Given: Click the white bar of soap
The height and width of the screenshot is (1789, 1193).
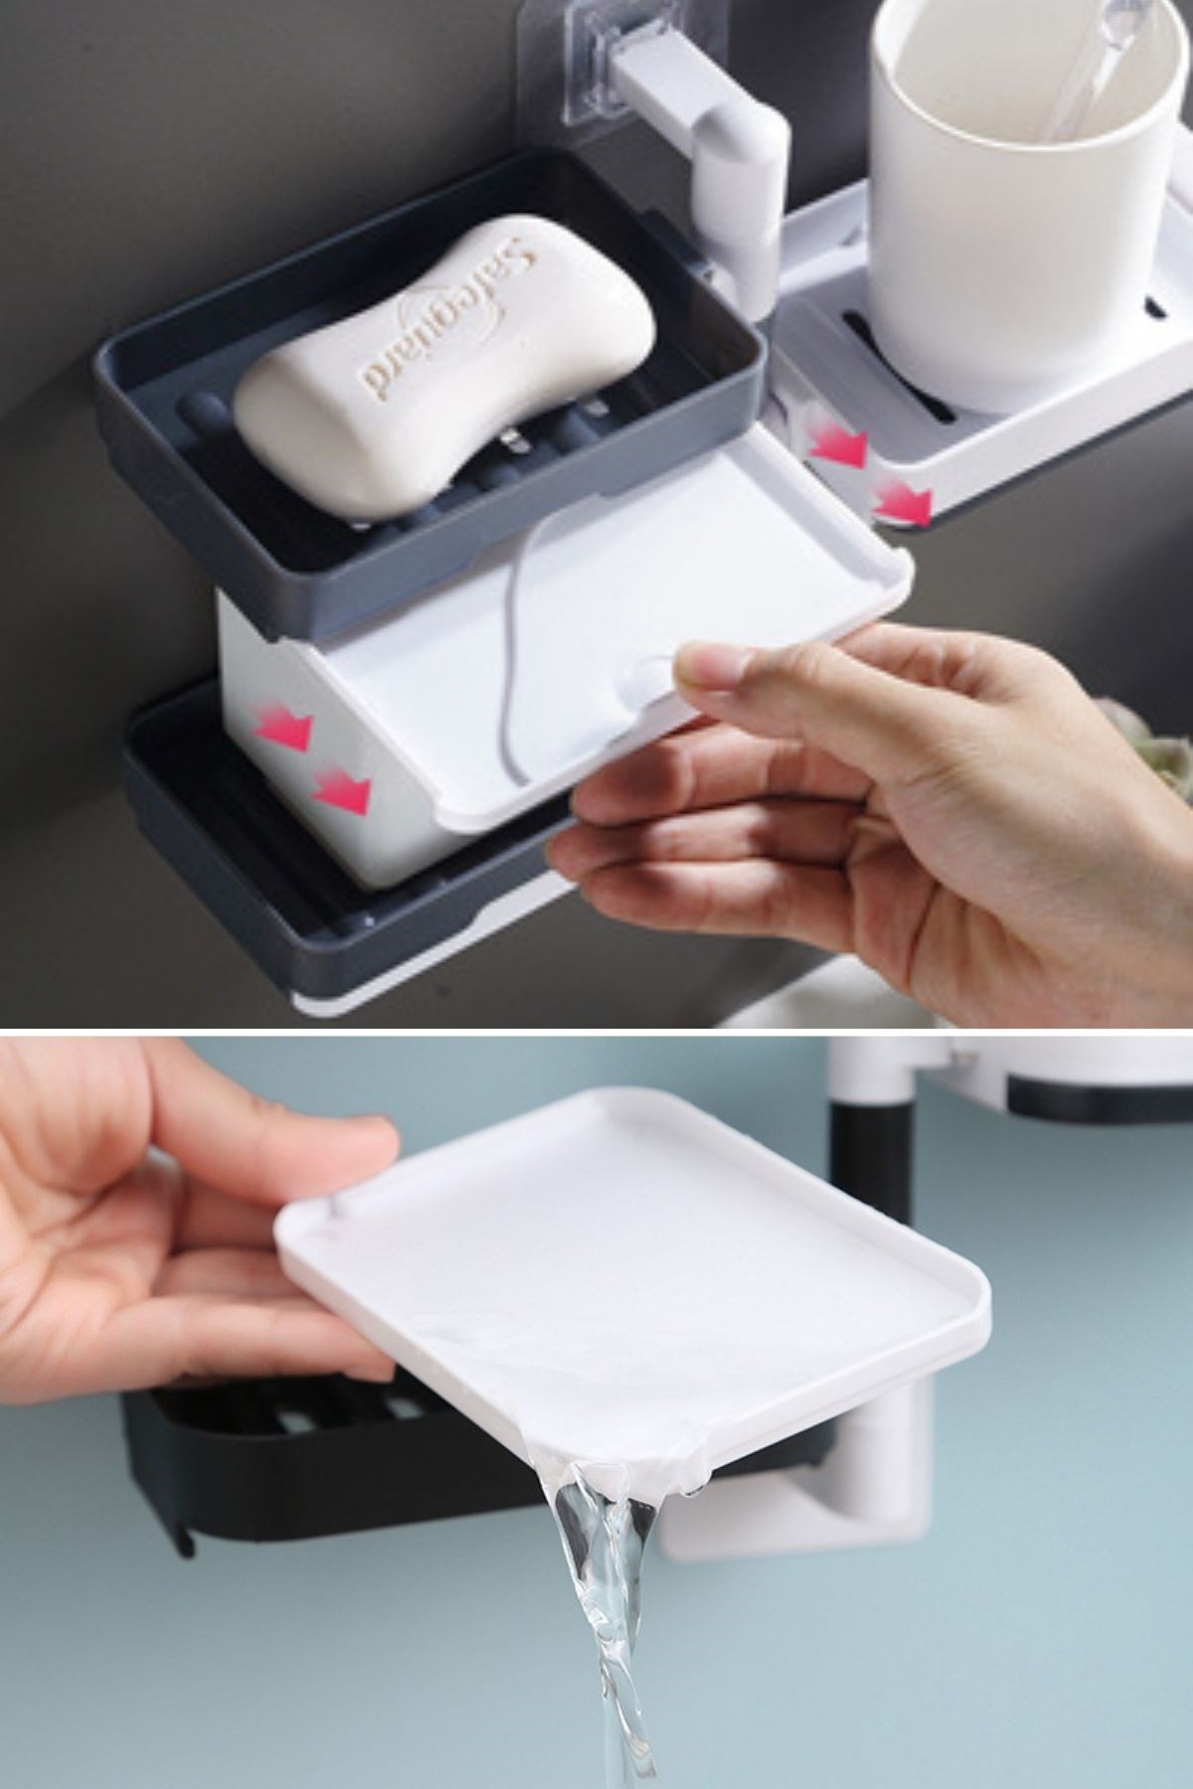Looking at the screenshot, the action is [x=444, y=368].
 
